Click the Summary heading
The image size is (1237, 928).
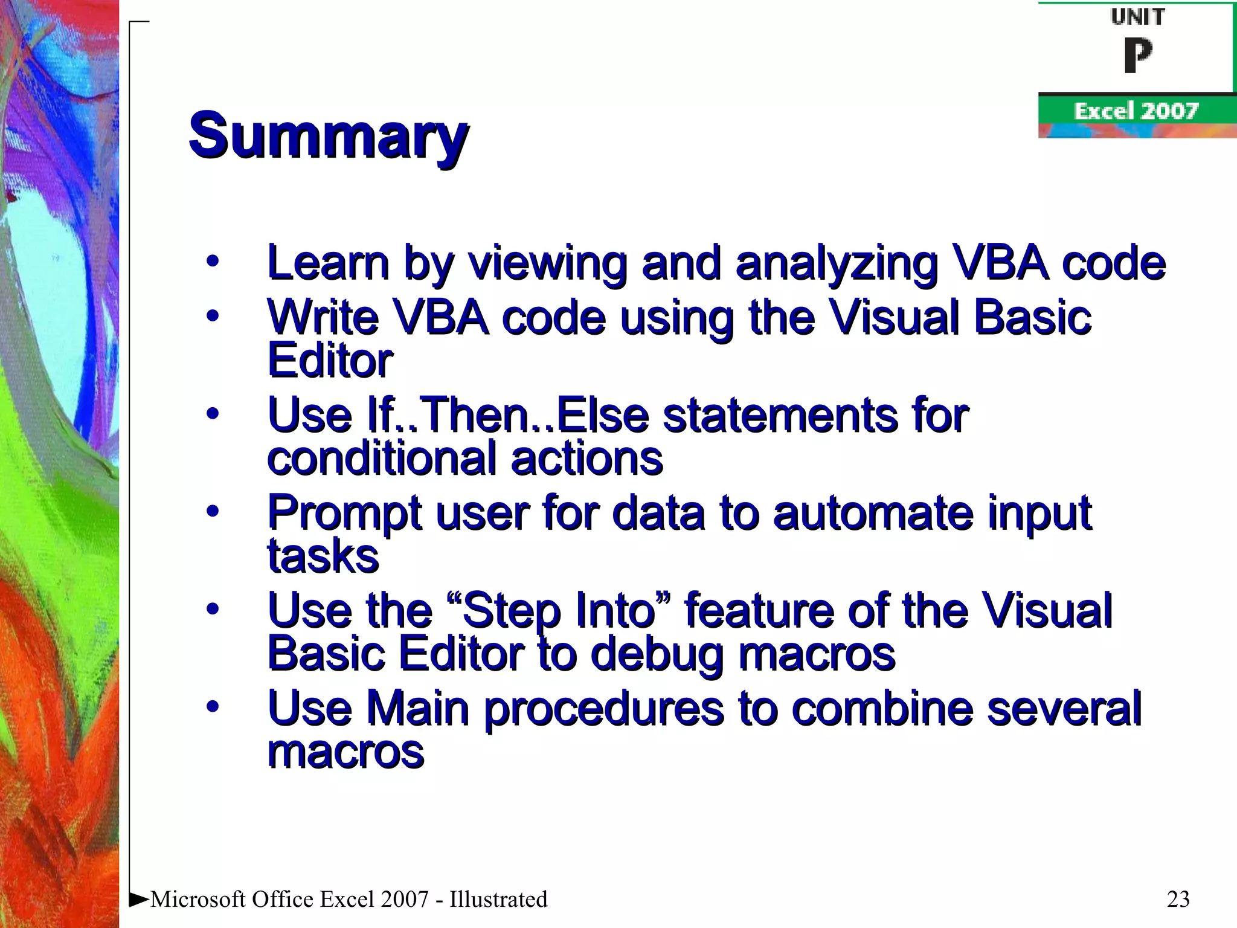328,135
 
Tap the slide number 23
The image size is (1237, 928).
1178,899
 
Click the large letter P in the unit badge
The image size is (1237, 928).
1137,55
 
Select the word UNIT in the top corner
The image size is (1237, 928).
1137,17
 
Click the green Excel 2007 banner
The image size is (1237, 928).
1136,111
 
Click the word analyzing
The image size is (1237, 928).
837,264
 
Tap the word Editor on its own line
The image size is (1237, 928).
330,361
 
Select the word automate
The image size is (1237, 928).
873,514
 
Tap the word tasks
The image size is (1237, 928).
323,556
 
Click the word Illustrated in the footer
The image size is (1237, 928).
498,899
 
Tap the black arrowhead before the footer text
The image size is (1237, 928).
139,900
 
